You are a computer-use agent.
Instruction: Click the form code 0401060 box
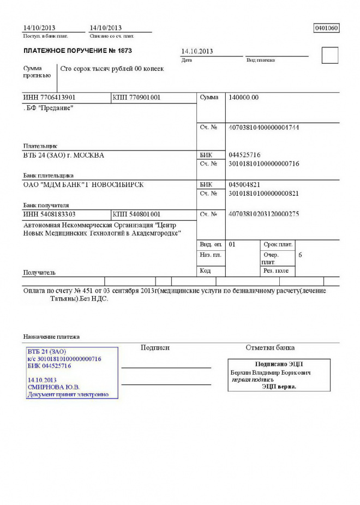pos(326,28)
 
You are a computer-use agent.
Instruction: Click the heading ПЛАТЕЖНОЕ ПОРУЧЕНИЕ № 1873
pos(77,51)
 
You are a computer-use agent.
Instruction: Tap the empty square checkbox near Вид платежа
pos(330,55)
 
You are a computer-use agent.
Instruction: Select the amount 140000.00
pos(244,97)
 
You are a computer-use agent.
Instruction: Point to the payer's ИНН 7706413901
pos(49,97)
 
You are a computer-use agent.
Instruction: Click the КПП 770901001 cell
pos(136,97)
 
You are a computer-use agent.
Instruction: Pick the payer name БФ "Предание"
pos(49,108)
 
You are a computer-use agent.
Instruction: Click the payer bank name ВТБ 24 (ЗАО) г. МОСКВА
pos(63,155)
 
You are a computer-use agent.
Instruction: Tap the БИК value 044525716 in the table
pos(244,155)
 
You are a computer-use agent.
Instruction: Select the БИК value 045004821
pos(244,184)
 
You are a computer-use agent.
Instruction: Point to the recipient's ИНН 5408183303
pos(49,214)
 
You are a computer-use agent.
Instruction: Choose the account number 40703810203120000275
pos(263,214)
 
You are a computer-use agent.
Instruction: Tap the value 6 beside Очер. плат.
pos(301,255)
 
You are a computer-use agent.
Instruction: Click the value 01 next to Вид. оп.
pos(232,244)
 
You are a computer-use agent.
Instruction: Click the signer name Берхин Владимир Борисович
pos(271,372)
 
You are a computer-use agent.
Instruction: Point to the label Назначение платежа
pos(51,336)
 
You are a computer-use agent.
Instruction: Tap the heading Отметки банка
pos(270,347)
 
